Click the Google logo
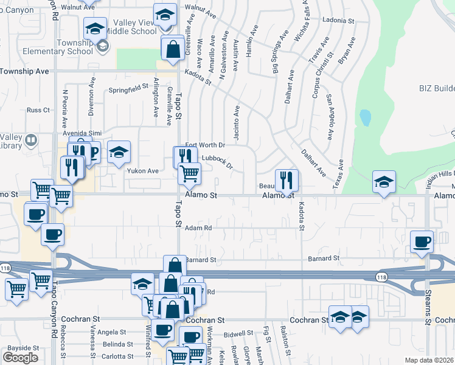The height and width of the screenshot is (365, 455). [x=20, y=357]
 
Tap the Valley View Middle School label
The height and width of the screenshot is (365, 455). [x=130, y=27]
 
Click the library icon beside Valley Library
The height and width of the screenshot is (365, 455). [x=30, y=141]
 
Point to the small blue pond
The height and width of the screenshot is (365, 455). [x=365, y=117]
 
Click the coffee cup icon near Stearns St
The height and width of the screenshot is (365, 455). [x=422, y=242]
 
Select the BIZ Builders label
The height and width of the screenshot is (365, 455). [x=436, y=89]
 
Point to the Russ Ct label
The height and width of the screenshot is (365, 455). [x=38, y=110]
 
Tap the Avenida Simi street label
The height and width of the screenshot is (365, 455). [x=77, y=133]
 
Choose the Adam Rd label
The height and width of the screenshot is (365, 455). [x=198, y=228]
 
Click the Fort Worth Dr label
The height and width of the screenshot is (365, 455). [x=205, y=145]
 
